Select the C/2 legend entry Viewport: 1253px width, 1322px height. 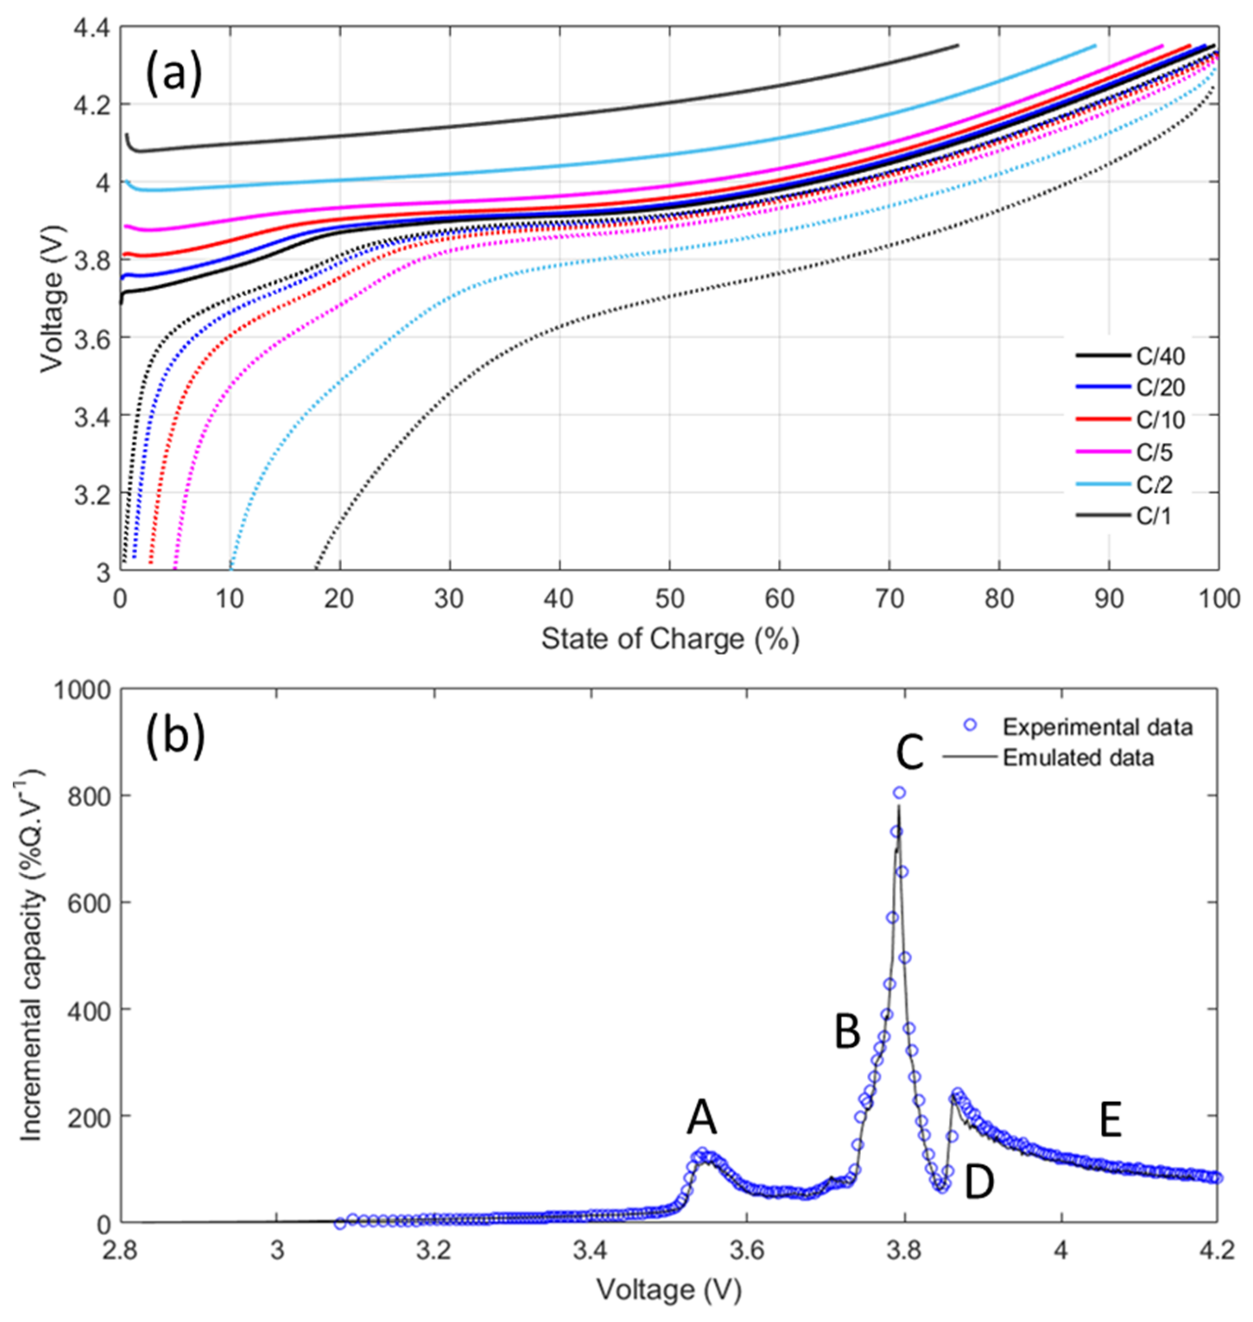1154,484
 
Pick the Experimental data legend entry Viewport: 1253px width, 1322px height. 1097,726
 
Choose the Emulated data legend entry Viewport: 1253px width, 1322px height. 1078,758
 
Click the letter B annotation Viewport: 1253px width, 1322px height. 847,1032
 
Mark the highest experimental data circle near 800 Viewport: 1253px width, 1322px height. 900,792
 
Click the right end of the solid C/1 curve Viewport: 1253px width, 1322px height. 957,46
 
